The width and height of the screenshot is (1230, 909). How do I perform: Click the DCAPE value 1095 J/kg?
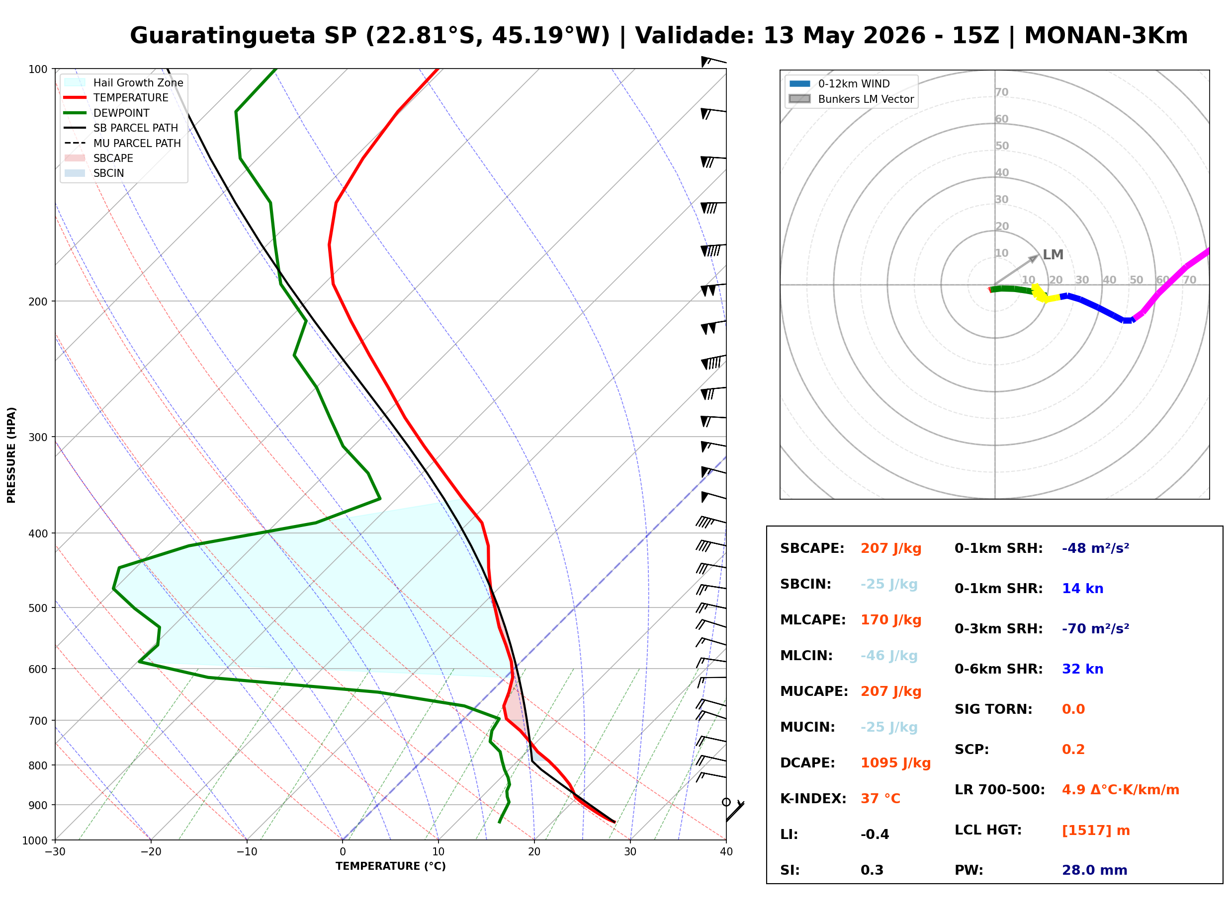click(895, 762)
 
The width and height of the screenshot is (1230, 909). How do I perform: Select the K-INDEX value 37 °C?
click(880, 798)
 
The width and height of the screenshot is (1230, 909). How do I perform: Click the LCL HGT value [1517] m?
click(1096, 831)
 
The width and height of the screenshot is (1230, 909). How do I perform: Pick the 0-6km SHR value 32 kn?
click(1082, 669)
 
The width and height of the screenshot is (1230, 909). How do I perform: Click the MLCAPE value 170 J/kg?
click(891, 619)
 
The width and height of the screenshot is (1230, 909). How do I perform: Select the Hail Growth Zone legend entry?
click(124, 82)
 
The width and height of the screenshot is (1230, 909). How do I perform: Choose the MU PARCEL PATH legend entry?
click(123, 143)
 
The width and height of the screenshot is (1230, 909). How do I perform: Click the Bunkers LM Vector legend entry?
click(851, 99)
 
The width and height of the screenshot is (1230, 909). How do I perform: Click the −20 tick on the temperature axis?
click(150, 852)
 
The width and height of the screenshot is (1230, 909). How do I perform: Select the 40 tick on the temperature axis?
click(726, 852)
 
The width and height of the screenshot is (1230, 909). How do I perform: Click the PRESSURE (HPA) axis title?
click(11, 455)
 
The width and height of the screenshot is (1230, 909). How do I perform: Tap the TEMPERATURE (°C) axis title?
click(390, 866)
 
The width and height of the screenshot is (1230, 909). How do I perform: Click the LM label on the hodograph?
click(1053, 255)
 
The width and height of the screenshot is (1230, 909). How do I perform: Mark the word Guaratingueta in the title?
click(222, 36)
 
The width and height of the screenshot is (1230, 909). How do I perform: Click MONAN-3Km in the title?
click(1106, 36)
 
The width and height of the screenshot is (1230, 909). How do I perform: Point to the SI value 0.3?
click(872, 870)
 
